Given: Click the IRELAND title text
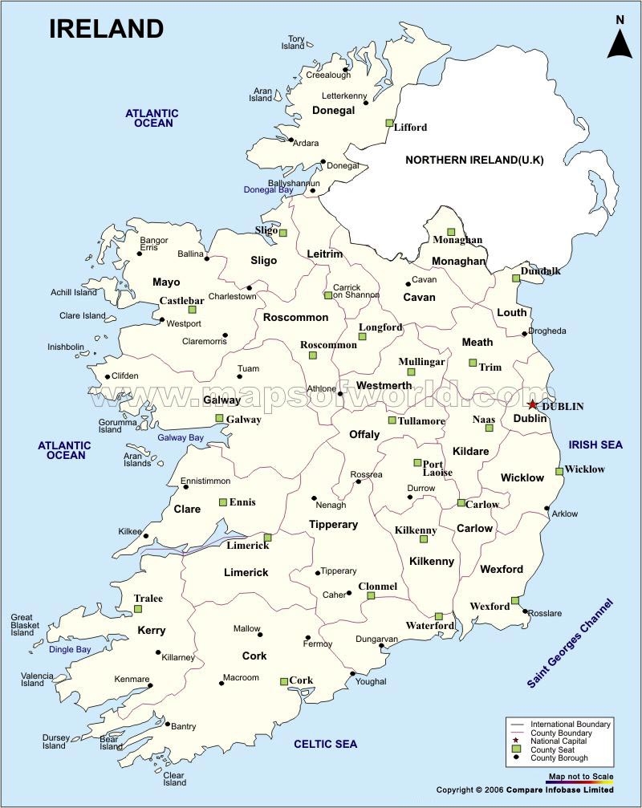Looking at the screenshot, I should pos(106,29).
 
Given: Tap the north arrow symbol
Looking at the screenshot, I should pos(619,39).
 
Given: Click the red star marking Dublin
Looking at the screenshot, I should pos(534,405).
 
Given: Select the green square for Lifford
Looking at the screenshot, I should pos(389,124).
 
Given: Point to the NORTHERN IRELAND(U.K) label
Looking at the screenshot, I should pos(474,160).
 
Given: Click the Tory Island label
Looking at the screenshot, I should pos(295,43).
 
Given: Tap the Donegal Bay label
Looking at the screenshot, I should pos(269,189).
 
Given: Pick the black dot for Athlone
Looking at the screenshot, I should pos(340,394).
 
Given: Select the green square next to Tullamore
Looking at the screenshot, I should pos(392,420).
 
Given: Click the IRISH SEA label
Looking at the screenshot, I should pos(595,445).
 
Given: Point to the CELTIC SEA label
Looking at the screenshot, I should pos(325,744).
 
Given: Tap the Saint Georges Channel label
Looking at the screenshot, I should pos(569,643).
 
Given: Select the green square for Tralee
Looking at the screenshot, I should pos(138,610).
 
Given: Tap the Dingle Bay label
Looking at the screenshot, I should pos(70,649).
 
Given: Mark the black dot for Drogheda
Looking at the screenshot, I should pos(525,334).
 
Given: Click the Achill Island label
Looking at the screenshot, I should pos(74,293).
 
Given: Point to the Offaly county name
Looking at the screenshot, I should pos(364,434).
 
